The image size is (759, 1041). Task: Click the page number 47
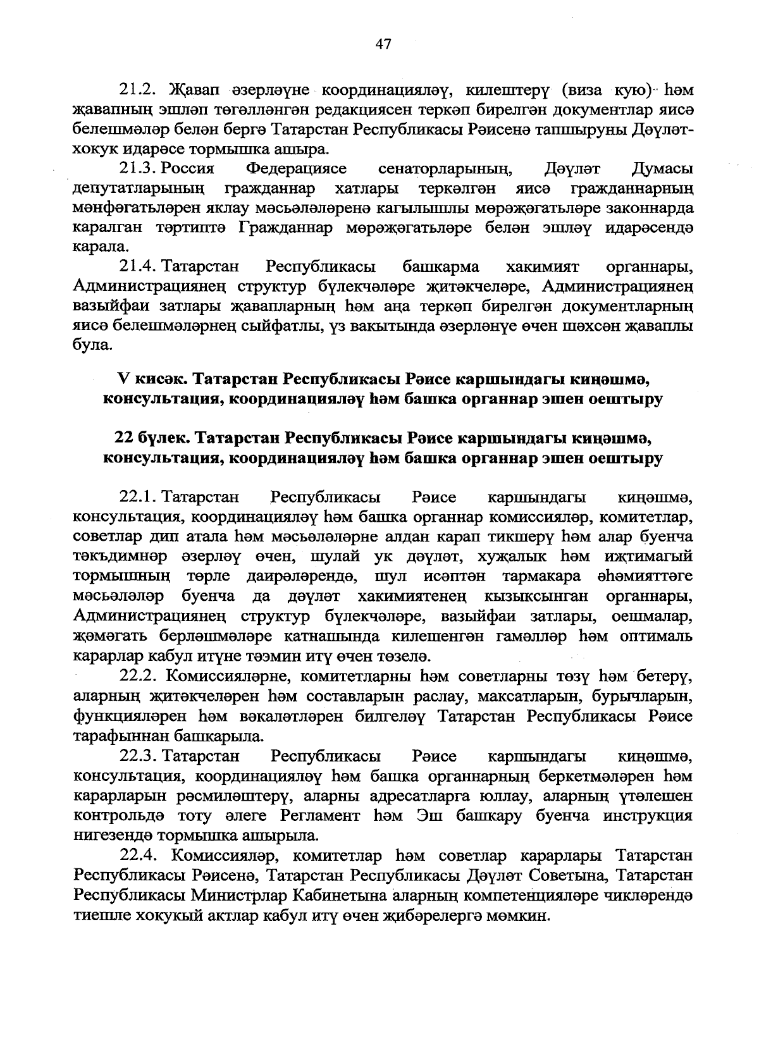click(383, 44)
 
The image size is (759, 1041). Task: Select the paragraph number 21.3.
click(138, 169)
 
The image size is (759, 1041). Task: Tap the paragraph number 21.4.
click(138, 268)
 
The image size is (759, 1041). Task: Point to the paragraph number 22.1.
click(138, 498)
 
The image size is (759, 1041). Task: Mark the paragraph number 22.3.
click(138, 756)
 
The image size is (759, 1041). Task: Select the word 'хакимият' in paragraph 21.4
click(542, 268)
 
